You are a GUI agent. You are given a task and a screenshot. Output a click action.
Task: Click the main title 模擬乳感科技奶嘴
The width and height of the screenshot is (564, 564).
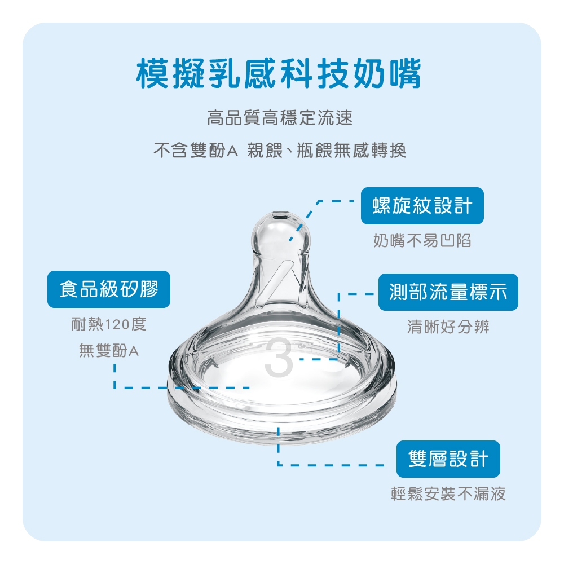(x=279, y=74)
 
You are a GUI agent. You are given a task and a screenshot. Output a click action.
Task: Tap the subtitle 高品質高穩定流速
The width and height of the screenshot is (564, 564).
(x=280, y=118)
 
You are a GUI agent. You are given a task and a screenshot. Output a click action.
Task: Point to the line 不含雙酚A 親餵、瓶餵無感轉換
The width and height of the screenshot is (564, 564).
(x=280, y=150)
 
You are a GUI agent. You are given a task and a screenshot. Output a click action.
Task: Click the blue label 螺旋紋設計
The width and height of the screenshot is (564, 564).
(x=422, y=206)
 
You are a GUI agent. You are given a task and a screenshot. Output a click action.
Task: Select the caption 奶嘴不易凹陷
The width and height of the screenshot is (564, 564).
(x=422, y=240)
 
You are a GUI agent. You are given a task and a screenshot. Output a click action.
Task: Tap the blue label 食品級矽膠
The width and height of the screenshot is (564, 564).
(x=109, y=289)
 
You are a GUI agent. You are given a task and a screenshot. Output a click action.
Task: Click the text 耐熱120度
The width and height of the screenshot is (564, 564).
(x=109, y=324)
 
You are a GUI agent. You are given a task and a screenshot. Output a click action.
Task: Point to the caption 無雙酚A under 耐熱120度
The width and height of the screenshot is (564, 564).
(x=109, y=350)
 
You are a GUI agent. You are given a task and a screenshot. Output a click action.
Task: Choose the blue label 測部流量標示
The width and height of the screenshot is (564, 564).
(x=448, y=292)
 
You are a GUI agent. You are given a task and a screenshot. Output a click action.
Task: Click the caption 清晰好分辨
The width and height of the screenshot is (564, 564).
(x=448, y=327)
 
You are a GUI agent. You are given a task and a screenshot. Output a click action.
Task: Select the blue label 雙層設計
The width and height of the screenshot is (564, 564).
(x=448, y=459)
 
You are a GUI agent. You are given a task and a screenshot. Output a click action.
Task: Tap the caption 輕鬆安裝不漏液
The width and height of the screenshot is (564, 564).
(x=448, y=493)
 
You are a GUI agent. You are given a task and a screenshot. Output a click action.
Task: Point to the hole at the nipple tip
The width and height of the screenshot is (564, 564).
(x=281, y=216)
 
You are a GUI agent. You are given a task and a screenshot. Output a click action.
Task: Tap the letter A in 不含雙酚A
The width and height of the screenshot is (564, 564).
(x=232, y=151)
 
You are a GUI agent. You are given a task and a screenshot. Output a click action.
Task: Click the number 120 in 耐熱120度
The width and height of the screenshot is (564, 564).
(x=117, y=325)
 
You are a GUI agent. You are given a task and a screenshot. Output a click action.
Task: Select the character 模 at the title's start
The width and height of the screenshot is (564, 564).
(x=152, y=74)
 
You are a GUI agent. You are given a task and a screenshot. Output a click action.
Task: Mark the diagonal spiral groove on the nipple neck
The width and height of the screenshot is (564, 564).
(x=277, y=284)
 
